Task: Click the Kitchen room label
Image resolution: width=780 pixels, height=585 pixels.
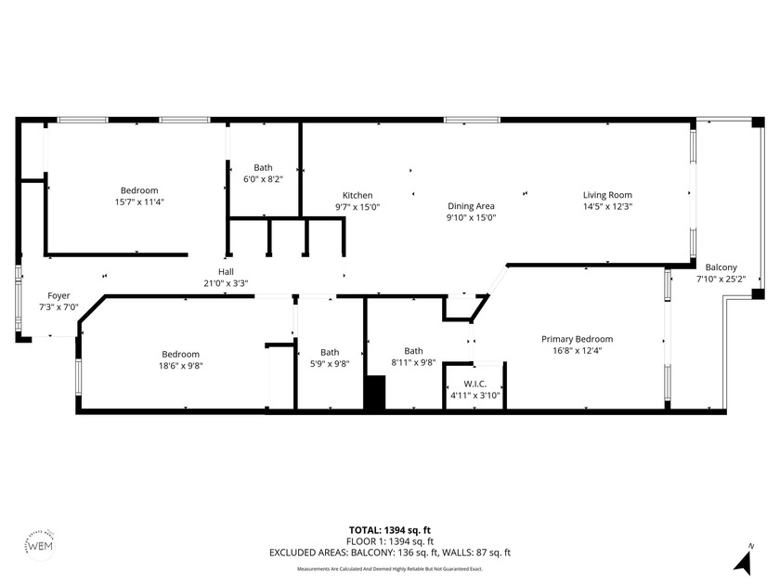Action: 357,195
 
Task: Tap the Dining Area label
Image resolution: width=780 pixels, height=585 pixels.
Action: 472,206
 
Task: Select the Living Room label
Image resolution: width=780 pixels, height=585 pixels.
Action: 607,195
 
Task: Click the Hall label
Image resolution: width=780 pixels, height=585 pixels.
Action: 226,272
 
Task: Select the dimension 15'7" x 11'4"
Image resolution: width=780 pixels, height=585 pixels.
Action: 138,201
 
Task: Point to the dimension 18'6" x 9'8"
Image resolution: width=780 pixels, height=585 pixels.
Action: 181,366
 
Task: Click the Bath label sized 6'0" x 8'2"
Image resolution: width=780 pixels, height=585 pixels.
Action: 263,168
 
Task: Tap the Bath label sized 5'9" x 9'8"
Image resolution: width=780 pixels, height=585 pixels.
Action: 330,352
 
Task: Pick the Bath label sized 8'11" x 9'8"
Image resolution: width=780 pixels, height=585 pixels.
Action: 413,350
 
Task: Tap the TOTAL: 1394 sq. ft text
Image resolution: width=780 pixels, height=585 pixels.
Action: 389,530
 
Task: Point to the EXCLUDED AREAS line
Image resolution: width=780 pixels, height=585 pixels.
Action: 389,552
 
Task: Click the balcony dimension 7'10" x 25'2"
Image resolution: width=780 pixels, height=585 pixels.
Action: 721,278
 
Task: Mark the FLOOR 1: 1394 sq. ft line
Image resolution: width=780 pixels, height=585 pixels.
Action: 389,541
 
